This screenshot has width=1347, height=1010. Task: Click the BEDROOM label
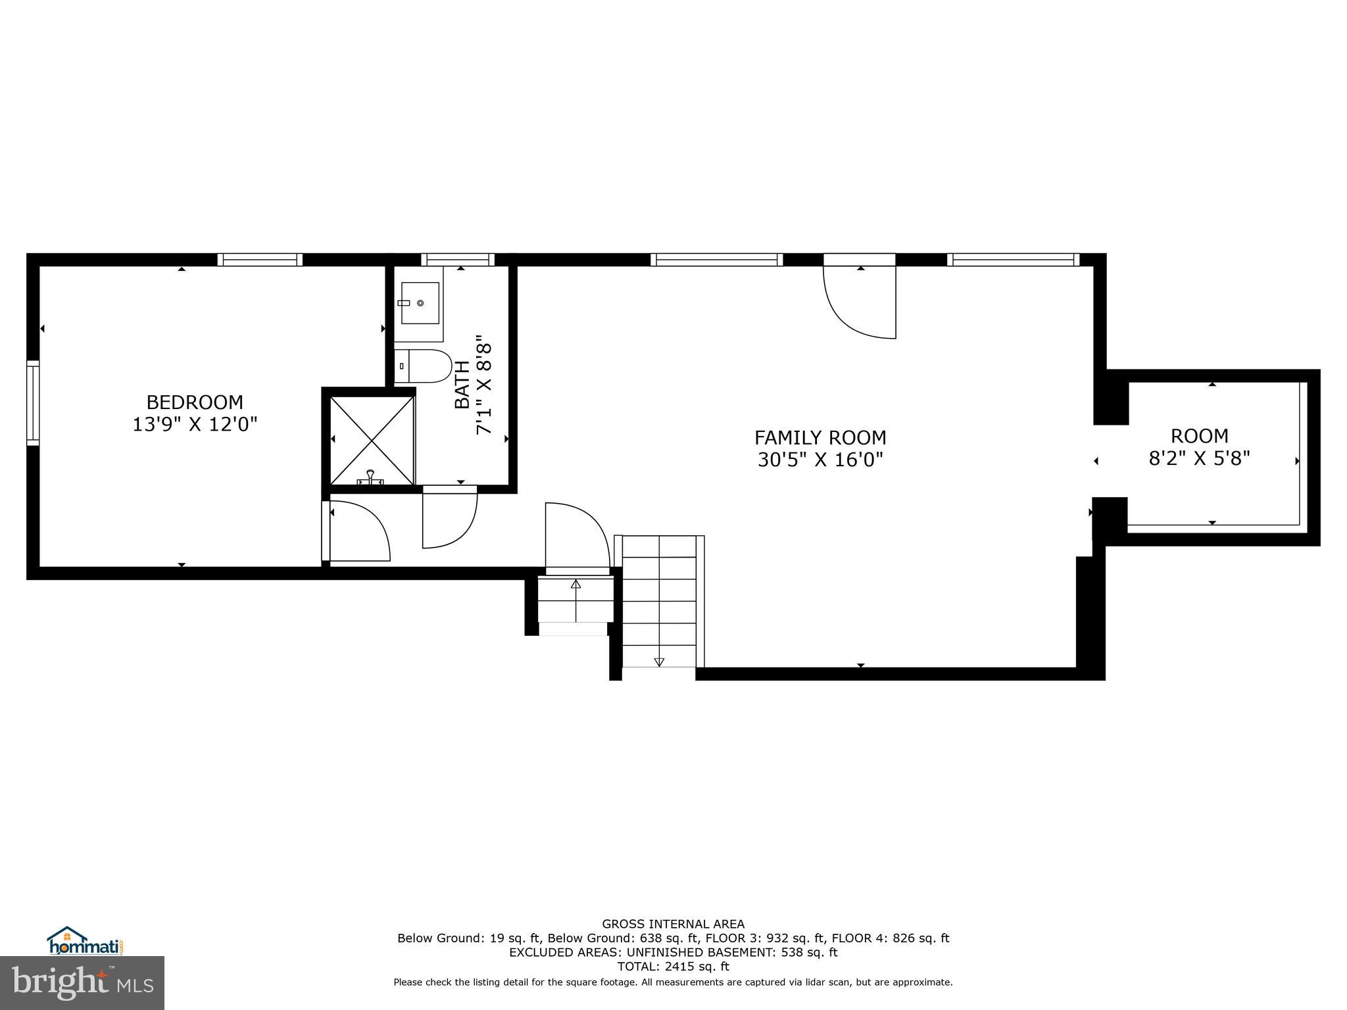coord(194,402)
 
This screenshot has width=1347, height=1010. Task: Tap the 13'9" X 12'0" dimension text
coord(194,425)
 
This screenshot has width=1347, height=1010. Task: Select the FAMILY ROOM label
coord(820,437)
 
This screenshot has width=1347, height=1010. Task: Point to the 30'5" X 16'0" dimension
coord(820,460)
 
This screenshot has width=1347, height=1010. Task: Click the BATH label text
coord(462,385)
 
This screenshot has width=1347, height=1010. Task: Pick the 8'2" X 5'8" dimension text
coord(1198,458)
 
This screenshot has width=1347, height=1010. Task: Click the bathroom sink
coord(420,303)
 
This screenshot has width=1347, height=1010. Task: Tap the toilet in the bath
coord(424,366)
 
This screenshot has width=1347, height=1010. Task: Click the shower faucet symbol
coord(370,479)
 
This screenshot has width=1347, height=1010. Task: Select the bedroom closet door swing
coord(359,531)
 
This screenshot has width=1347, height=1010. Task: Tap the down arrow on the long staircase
coord(659,661)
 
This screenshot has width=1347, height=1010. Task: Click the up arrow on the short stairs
coord(576,584)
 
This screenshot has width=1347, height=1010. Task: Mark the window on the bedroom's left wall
coord(32,402)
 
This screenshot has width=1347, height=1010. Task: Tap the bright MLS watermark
coord(82,982)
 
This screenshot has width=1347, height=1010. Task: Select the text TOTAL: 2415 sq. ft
coord(673,967)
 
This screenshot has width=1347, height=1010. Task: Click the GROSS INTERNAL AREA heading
coord(673,924)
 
